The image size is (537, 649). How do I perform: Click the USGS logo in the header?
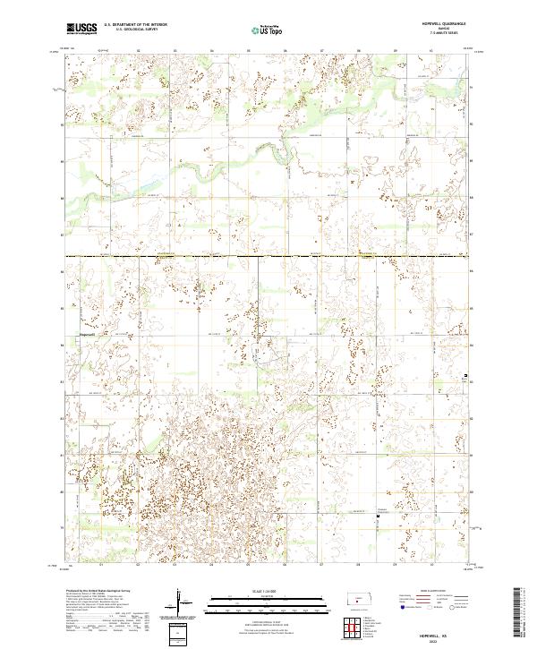[x=81, y=29]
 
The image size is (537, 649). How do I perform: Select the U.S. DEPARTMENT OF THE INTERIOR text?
[x=135, y=25]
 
